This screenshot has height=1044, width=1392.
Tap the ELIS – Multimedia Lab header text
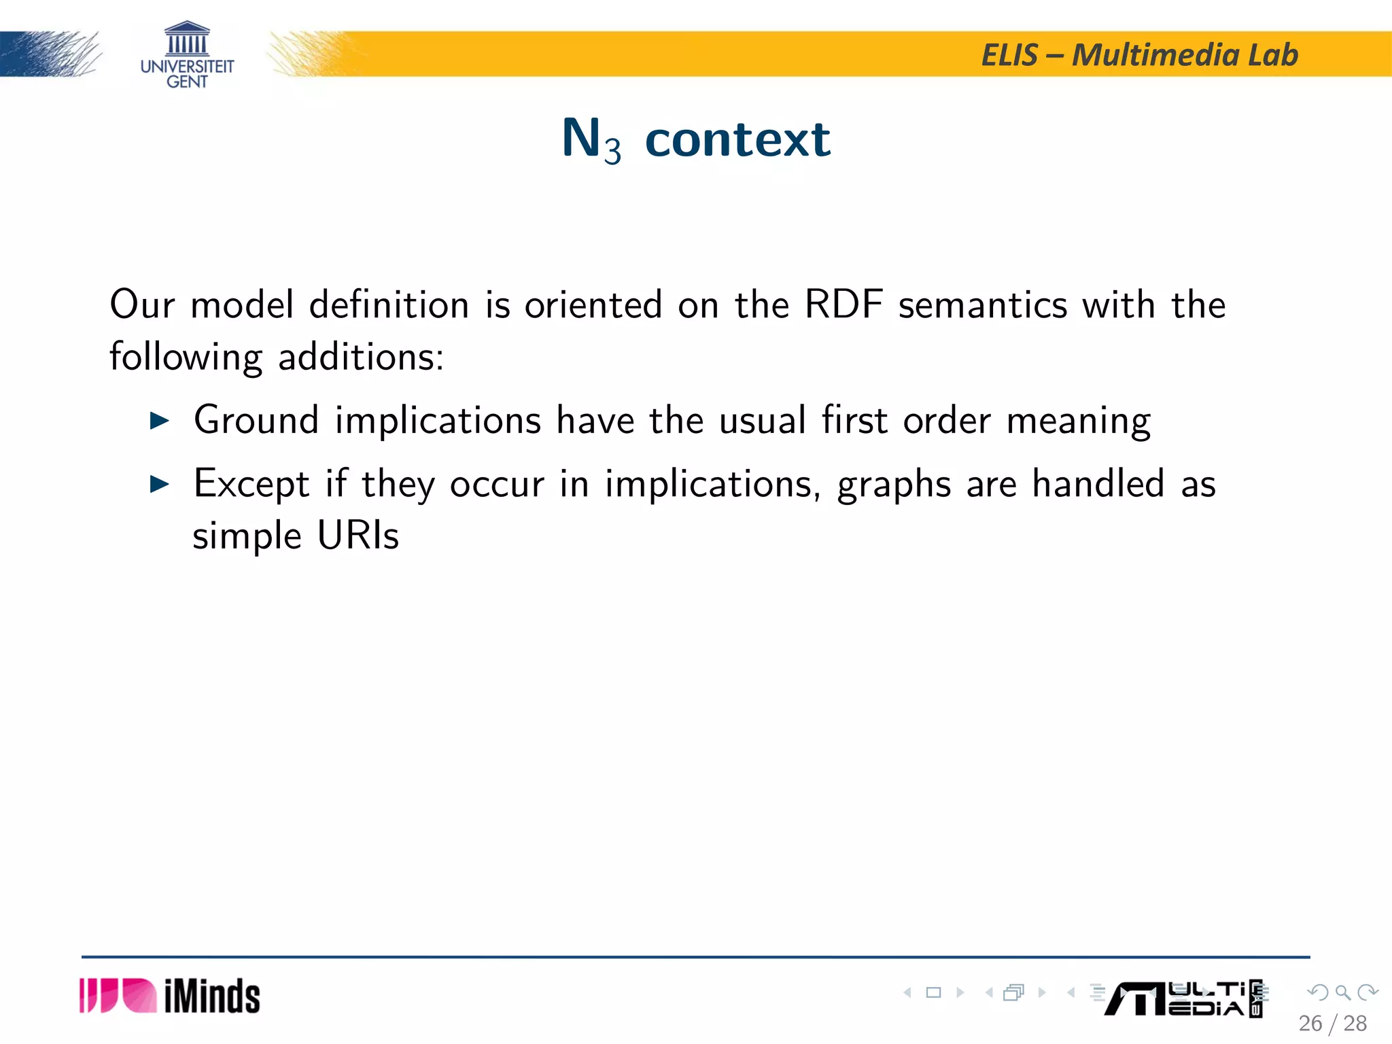[1140, 55]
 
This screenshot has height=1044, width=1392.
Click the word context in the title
[737, 139]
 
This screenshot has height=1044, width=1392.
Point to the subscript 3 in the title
[612, 151]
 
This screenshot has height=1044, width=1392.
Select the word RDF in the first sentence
[843, 304]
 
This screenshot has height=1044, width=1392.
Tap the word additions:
[361, 356]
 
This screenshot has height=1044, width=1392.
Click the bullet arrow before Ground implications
[159, 421]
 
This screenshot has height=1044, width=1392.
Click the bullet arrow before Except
[159, 484]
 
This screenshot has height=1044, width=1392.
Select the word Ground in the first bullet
[256, 419]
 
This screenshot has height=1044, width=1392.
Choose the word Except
[251, 484]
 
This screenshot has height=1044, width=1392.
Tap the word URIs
[358, 536]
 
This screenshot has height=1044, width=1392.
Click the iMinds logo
[170, 996]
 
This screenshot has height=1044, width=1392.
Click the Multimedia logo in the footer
[1183, 999]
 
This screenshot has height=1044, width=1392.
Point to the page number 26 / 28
[1332, 1024]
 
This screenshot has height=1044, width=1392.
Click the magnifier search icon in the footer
[1342, 992]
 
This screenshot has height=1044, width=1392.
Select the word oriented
[593, 304]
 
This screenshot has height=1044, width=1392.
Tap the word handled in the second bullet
[1098, 483]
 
